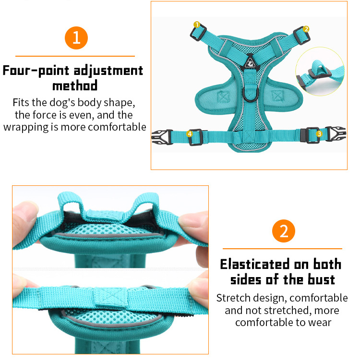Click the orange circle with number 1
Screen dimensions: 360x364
[x=76, y=38]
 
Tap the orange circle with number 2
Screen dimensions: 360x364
[x=283, y=231]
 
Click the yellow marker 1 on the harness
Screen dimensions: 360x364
[x=197, y=24]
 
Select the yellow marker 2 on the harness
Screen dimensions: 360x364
[x=306, y=29]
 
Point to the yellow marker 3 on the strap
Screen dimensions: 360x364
[x=319, y=133]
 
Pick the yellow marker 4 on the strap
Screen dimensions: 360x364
[x=190, y=133]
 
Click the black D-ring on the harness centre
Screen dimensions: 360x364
[x=251, y=94]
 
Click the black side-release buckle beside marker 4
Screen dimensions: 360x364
[x=162, y=137]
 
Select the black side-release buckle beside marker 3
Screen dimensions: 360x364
[x=336, y=133]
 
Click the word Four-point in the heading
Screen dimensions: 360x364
[x=36, y=70]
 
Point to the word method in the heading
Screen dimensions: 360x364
[x=75, y=85]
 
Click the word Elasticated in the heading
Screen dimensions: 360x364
[x=255, y=264]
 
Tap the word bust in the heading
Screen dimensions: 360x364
[x=321, y=279]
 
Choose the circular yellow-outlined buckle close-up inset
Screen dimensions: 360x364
[x=320, y=72]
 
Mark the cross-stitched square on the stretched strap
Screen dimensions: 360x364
[x=111, y=298]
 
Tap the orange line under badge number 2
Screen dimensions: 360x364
[x=282, y=249]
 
